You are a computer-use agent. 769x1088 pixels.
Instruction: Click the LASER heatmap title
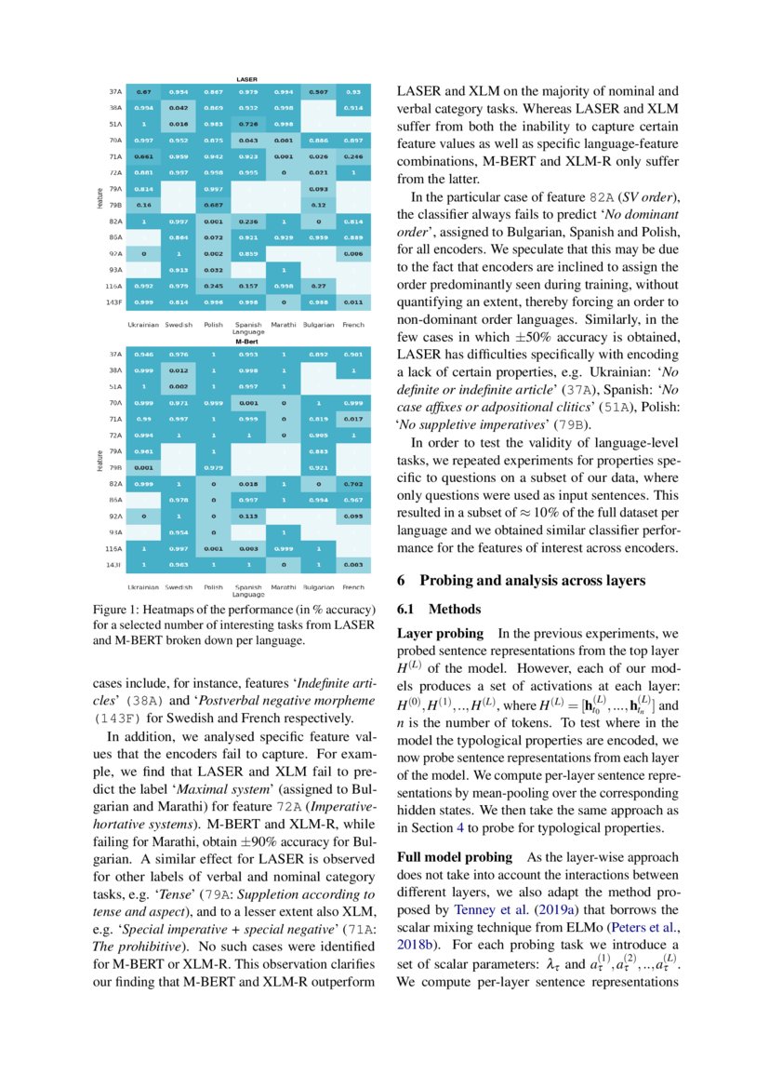pos(246,80)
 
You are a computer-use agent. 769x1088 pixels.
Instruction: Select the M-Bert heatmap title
pos(246,342)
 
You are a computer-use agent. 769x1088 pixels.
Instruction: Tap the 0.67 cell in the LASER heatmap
pos(144,92)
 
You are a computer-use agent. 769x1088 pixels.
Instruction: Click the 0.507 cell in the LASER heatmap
pos(318,92)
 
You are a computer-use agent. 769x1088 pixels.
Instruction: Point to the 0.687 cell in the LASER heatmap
pos(213,204)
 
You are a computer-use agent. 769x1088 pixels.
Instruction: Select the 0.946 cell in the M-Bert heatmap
pos(144,355)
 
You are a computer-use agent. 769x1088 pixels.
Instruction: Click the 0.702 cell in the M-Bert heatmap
pos(352,485)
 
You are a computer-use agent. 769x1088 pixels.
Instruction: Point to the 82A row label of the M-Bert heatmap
pos(116,485)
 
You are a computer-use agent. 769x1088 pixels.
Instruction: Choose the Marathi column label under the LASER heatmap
pos(283,326)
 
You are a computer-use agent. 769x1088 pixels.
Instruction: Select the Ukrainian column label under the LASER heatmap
pos(144,326)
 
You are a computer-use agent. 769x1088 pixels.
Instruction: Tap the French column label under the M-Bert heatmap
pos(352,587)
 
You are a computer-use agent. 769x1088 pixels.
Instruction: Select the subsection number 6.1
pos(409,610)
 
